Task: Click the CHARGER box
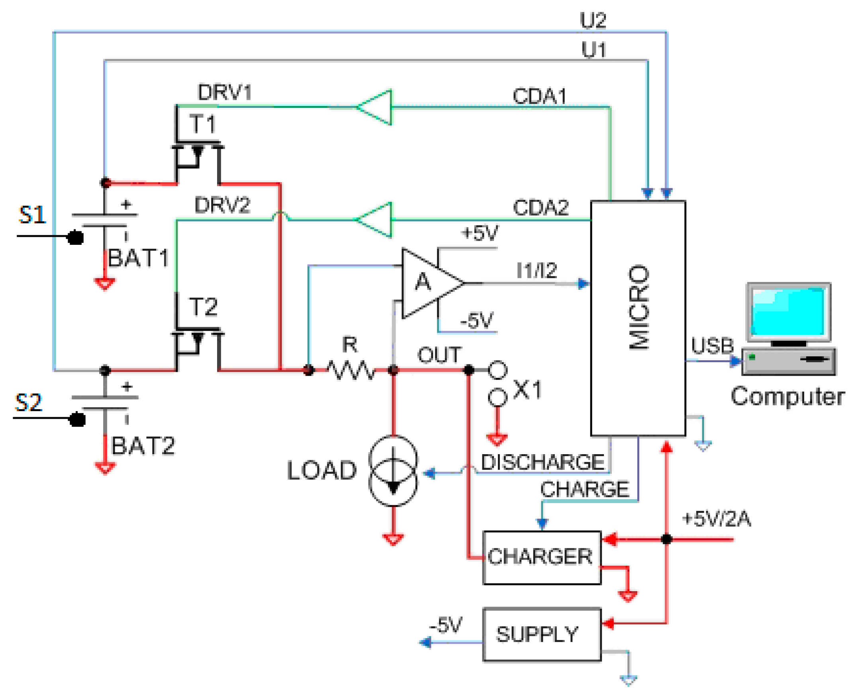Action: (542, 558)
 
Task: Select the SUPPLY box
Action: (542, 634)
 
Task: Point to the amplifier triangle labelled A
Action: (427, 283)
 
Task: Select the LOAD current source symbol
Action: (393, 471)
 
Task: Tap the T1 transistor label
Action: (203, 124)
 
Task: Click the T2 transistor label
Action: (203, 307)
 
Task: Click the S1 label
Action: (32, 215)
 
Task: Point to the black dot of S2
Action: (77, 420)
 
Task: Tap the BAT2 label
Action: (143, 446)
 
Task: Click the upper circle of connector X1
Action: (497, 370)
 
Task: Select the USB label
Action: (712, 346)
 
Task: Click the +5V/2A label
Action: (716, 519)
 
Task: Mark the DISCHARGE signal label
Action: (543, 463)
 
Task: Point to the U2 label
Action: (593, 20)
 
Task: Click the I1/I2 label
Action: (537, 271)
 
